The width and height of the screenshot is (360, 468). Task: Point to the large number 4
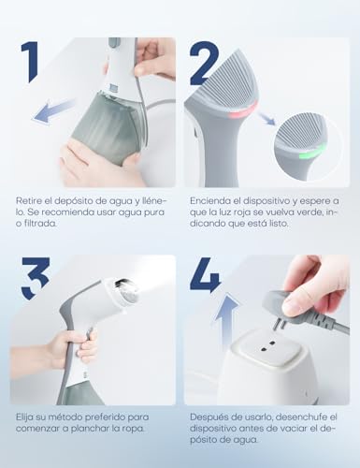tap(205, 278)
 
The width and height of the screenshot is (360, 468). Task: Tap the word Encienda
tap(210, 201)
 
